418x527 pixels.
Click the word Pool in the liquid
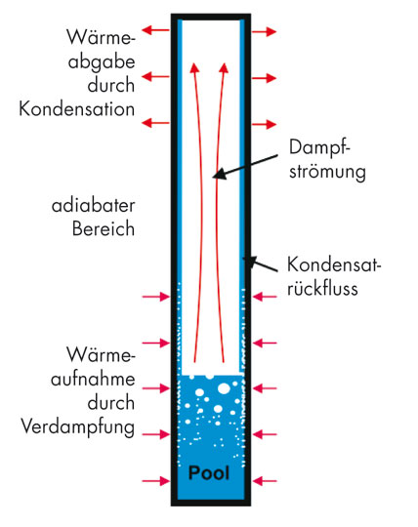point(209,473)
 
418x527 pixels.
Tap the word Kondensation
point(77,109)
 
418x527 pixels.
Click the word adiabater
point(93,206)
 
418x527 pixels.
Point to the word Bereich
point(104,229)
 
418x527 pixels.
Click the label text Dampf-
point(319,148)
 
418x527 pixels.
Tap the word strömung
point(327,172)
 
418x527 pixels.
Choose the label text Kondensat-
point(334,264)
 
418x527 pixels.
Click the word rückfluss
point(322,288)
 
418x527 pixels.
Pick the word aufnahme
point(93,379)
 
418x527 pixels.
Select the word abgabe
point(102,62)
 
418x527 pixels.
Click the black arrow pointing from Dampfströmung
point(245,167)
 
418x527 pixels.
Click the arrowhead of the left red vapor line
point(194,67)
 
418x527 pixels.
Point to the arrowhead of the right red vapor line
point(224,67)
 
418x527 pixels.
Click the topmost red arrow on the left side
point(155,30)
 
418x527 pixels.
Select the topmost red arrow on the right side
point(265,32)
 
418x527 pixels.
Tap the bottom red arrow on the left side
point(155,481)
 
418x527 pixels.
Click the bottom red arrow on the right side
point(265,481)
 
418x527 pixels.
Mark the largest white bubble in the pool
point(224,388)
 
